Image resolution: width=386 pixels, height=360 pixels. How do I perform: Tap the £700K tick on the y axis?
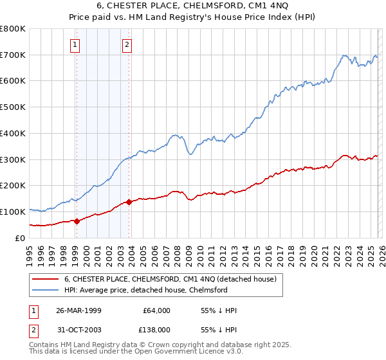coord(13,55)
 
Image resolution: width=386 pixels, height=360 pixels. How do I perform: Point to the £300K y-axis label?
coord(13,159)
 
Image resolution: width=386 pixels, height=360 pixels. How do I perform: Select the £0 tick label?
coord(19,238)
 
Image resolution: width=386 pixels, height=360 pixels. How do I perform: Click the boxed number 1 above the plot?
coord(76,44)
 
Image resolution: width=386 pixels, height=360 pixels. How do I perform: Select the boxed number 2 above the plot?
coord(127,44)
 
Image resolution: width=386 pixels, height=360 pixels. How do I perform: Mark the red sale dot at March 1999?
coord(77,221)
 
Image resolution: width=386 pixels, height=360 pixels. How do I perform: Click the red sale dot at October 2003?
coord(129,202)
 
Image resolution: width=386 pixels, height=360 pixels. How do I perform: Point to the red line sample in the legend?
coord(45,279)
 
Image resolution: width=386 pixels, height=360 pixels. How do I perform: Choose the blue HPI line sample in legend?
coord(45,290)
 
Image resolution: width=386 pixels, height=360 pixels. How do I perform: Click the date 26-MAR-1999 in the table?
coord(79,310)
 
